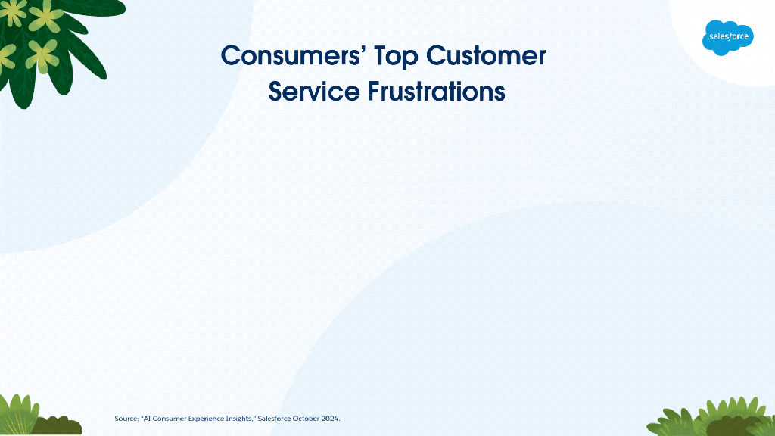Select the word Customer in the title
pos(486,55)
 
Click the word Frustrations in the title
pos(437,92)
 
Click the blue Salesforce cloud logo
pos(727,38)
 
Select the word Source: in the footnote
pos(126,419)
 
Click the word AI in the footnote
pos(146,419)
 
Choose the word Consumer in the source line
pos(170,419)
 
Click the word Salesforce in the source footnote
pos(274,419)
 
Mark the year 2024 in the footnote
pos(330,419)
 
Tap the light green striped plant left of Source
pos(18,416)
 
